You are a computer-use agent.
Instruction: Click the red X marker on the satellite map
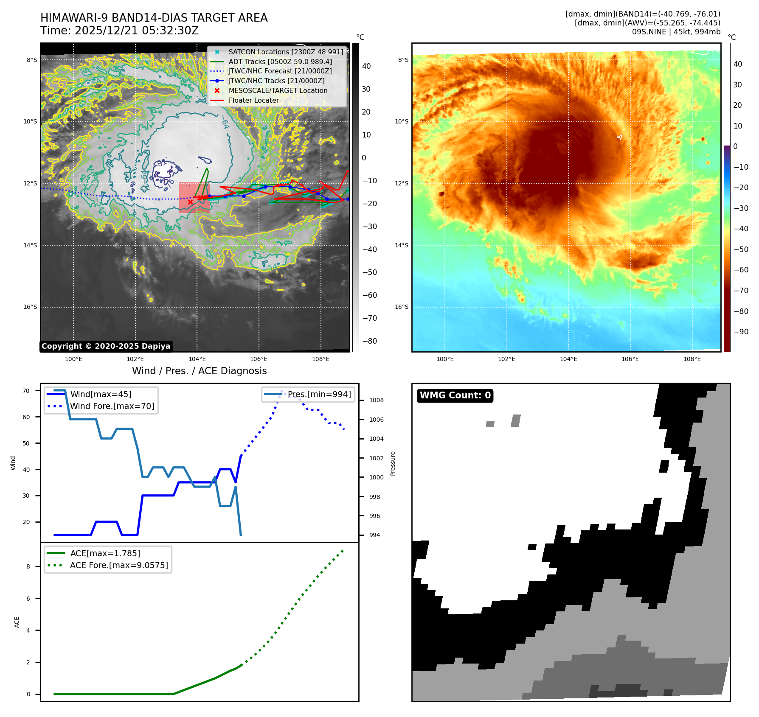click(x=190, y=202)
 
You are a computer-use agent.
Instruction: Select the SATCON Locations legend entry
click(x=285, y=52)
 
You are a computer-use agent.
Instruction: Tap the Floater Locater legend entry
click(x=253, y=100)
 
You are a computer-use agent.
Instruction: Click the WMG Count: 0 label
click(x=455, y=395)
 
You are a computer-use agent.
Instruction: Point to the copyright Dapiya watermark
click(x=106, y=346)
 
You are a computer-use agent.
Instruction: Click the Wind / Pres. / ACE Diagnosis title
click(x=199, y=371)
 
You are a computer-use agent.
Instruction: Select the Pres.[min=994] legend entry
click(x=319, y=394)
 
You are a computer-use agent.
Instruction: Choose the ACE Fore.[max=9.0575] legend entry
click(x=118, y=565)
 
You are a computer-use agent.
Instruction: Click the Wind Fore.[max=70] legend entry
click(x=112, y=406)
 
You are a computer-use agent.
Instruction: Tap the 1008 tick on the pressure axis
click(x=376, y=400)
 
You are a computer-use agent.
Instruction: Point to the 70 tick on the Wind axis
click(x=26, y=391)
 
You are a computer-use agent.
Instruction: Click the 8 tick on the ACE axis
click(x=28, y=566)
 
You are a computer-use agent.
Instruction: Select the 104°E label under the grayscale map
click(x=197, y=359)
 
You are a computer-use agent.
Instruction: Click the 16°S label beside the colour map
click(x=402, y=307)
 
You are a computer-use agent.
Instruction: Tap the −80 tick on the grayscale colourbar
click(x=369, y=341)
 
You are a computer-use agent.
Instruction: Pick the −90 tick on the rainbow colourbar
click(x=741, y=332)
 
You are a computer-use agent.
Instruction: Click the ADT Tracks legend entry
click(x=280, y=62)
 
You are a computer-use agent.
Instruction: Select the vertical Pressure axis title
click(x=393, y=463)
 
